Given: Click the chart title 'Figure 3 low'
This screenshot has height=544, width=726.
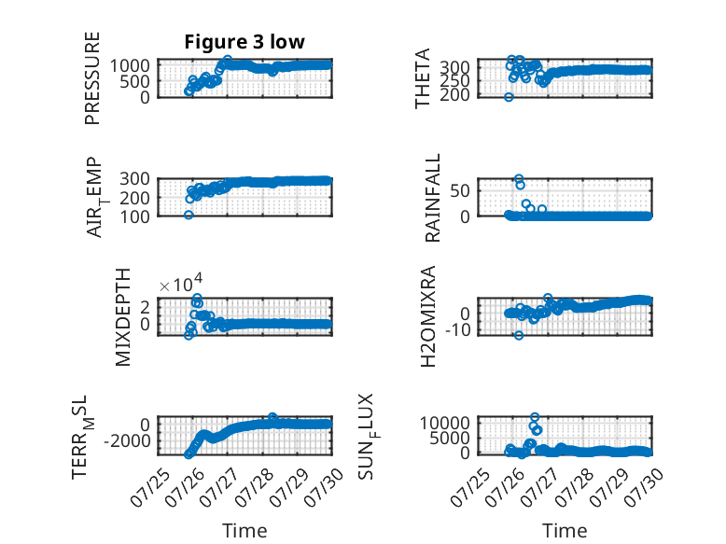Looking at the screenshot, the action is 244,42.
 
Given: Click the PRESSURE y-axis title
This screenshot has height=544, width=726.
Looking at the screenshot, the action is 92,77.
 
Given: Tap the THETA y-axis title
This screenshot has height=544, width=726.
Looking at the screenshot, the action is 423,78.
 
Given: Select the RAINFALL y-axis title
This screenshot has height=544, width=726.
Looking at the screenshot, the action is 432,198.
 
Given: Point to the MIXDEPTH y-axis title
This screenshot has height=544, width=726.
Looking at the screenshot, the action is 123,317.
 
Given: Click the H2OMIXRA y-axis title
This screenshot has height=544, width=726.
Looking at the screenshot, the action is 428,316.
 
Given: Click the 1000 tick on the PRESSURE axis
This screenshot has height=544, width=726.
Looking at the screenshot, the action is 130,65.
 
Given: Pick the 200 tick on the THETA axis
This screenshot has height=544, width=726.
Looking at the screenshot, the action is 454,94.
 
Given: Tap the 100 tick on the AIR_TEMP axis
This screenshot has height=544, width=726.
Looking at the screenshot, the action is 134,216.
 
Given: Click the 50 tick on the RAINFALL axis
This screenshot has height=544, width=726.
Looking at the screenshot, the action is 460,190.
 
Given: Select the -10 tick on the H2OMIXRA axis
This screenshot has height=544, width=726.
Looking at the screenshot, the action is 458,330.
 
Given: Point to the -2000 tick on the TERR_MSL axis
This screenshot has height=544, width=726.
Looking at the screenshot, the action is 127,440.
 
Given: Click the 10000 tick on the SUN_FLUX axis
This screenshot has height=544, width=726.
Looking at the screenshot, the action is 445,423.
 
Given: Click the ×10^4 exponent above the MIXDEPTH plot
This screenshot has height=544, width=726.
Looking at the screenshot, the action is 181,284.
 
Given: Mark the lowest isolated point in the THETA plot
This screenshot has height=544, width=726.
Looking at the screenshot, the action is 509,97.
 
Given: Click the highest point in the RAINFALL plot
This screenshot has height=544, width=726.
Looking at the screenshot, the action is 519,179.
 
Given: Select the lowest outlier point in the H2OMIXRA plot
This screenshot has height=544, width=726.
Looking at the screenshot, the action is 519,335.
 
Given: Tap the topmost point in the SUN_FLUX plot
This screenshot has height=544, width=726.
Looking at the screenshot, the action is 535,417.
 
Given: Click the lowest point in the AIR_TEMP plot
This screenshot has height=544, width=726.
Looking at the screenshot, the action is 188,215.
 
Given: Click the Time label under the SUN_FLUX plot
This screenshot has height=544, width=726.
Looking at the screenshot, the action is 565,531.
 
